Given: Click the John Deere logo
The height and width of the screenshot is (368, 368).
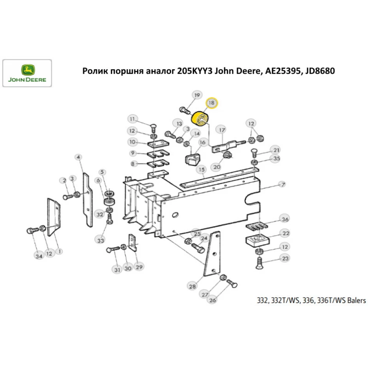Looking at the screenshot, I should [x=27, y=73].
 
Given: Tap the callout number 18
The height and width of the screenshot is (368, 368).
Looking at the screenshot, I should [x=212, y=103].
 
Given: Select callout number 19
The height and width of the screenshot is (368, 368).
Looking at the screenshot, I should [x=197, y=96].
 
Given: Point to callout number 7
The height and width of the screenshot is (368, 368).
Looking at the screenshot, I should [x=283, y=184].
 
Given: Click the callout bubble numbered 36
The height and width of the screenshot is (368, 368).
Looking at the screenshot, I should [x=285, y=220].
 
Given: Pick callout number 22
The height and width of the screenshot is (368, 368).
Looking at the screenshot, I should [x=286, y=233].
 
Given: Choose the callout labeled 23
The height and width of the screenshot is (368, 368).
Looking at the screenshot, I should [x=285, y=259].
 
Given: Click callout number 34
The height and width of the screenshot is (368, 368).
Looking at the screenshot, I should [x=39, y=256].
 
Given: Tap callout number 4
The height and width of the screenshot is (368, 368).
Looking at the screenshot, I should [x=78, y=158].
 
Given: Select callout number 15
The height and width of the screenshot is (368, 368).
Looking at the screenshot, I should [x=201, y=170].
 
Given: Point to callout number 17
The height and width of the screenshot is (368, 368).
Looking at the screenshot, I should [x=222, y=130].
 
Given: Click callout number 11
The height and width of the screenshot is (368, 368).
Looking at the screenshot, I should [x=132, y=119].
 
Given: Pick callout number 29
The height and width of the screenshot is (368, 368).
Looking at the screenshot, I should [x=139, y=266].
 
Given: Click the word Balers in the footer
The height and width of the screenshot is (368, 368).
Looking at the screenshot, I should [x=356, y=301].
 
